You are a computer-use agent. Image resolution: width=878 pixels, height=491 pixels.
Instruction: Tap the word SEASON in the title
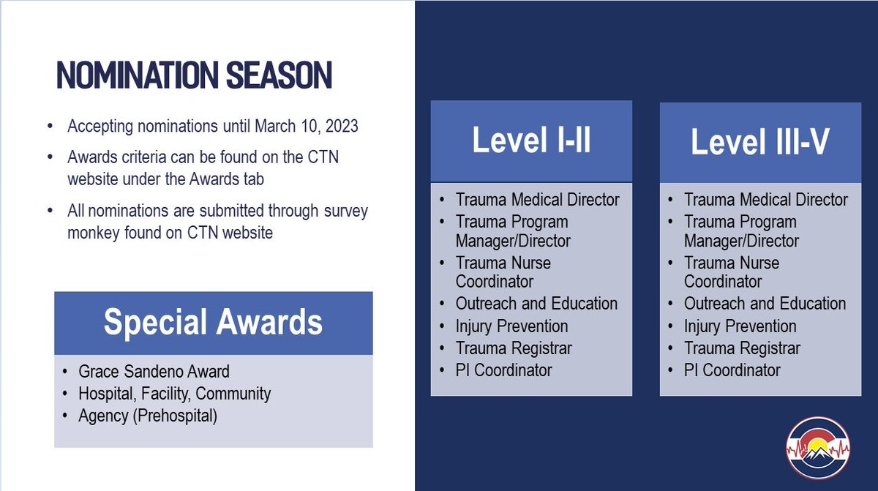coord(279,75)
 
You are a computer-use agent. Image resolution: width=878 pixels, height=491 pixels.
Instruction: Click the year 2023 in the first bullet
coord(342,126)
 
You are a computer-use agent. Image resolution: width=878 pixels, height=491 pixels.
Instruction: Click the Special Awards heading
coord(213,322)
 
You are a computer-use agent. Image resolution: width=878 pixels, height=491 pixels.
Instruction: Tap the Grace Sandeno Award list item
coord(154,372)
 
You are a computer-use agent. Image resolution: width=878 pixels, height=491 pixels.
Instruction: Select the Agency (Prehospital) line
coord(148,416)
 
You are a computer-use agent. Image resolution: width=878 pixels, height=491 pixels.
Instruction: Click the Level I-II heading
coord(531,140)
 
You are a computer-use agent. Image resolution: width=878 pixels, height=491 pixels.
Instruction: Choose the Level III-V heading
coord(760,141)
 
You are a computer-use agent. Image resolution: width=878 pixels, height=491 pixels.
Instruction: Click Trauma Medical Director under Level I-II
coord(537,200)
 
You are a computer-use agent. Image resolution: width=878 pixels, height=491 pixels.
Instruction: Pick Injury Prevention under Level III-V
coord(740,326)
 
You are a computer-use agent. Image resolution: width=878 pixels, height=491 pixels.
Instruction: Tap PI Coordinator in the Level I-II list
coord(503,370)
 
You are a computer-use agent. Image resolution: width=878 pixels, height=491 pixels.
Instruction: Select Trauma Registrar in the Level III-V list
coord(742,348)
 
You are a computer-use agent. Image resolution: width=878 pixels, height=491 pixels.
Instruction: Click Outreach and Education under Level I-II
coord(536,304)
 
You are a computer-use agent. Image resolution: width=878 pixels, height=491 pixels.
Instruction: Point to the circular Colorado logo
coord(818,449)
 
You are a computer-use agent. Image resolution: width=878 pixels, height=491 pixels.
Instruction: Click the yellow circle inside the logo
coord(817,446)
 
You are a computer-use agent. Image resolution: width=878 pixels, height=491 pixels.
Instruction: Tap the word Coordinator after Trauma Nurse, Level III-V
coord(723,282)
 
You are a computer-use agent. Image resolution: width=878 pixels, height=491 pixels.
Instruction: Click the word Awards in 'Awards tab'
coord(214,179)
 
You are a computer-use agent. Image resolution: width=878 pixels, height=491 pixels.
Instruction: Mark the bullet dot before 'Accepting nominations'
coord(50,126)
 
